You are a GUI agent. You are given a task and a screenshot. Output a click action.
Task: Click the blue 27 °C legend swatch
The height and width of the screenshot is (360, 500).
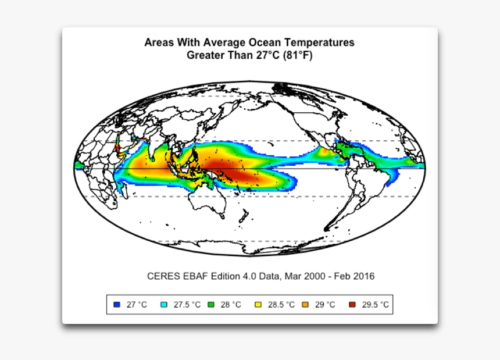[117, 305]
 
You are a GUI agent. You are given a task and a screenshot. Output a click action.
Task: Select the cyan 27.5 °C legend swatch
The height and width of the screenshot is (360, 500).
[163, 305]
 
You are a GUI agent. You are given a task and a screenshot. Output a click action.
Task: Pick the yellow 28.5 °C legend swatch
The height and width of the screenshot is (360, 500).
[258, 305]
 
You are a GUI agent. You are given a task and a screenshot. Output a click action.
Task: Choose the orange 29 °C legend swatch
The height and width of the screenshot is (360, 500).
[305, 305]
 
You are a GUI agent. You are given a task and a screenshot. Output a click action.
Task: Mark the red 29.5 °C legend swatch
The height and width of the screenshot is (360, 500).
[351, 305]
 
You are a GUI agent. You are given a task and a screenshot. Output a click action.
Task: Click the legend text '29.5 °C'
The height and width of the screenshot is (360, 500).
[376, 305]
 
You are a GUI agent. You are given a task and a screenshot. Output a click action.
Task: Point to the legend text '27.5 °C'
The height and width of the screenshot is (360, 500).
[187, 305]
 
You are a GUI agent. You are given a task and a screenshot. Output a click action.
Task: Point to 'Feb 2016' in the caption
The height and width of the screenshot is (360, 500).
[356, 276]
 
